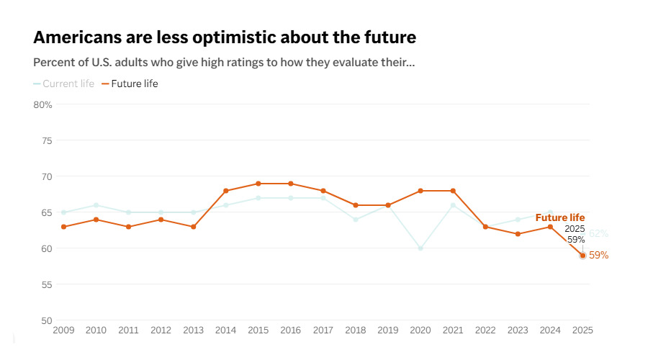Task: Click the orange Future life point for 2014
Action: click(225, 191)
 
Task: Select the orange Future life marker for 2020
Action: click(420, 191)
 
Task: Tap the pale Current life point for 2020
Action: click(420, 248)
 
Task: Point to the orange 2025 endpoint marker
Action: click(582, 256)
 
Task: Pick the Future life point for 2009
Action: click(63, 227)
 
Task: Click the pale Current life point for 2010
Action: click(96, 205)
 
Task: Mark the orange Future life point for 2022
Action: click(485, 227)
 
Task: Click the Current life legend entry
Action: click(63, 84)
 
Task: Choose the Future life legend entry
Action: click(130, 84)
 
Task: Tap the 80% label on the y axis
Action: click(42, 105)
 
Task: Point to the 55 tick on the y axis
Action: click(47, 285)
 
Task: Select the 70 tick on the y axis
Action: click(47, 177)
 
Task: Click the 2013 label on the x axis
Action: click(194, 330)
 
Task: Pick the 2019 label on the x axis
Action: click(388, 330)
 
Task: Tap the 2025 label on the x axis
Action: click(582, 330)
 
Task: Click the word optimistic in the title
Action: click(234, 37)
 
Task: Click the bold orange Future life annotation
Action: click(560, 218)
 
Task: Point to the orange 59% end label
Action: click(599, 256)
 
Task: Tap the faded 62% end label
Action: click(599, 234)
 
